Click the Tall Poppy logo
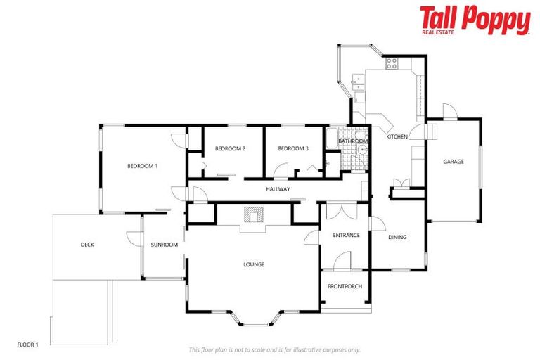click(475, 20)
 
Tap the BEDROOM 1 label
click(142, 166)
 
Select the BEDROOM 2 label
click(230, 148)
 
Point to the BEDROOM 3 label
click(292, 148)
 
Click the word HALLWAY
click(278, 189)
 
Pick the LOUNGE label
click(254, 264)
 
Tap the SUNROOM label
click(164, 245)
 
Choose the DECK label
click(87, 245)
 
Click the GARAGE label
click(454, 162)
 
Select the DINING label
click(397, 237)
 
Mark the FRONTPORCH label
click(345, 286)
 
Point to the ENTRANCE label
click(346, 235)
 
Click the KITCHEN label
click(397, 136)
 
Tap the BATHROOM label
click(352, 141)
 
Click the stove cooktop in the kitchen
click(391, 63)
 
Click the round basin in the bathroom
click(362, 150)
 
